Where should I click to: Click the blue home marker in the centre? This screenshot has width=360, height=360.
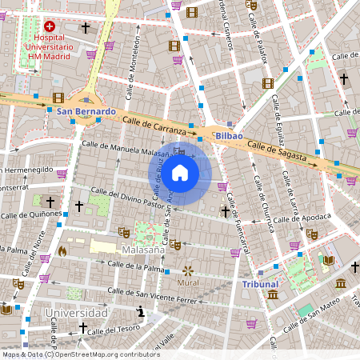click(x=180, y=173)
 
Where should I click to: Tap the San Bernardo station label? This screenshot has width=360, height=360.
click(x=86, y=111)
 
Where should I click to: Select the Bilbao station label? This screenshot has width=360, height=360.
click(x=228, y=137)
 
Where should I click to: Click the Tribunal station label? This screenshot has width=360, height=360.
click(x=260, y=283)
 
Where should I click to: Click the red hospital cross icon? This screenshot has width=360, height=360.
click(x=50, y=26)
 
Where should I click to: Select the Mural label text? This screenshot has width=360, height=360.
click(x=189, y=282)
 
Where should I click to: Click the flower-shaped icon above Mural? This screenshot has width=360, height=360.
click(x=189, y=270)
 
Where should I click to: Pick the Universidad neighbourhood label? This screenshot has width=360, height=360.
click(x=76, y=312)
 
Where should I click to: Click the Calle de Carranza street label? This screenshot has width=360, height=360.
click(x=154, y=124)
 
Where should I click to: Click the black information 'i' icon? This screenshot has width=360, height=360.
click(x=141, y=311)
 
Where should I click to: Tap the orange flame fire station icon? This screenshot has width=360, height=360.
click(x=62, y=250)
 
